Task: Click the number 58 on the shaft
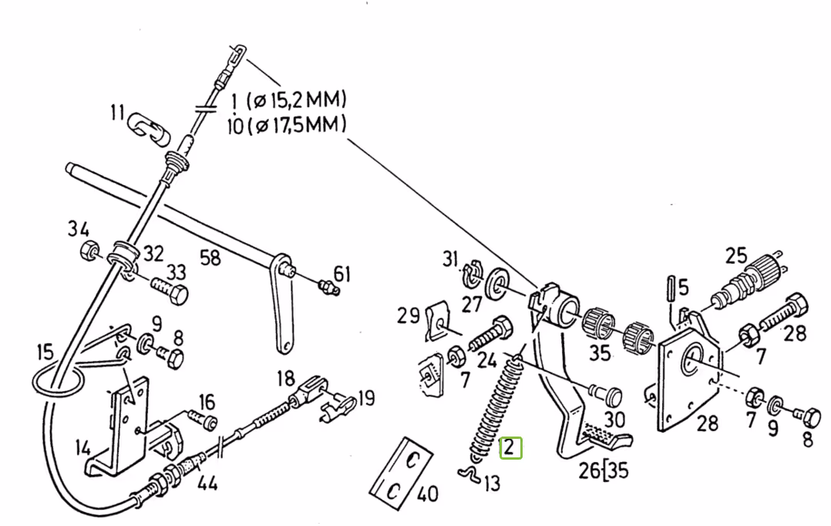(x=210, y=258)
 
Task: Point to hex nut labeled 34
(x=89, y=250)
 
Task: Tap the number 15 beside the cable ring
(x=45, y=352)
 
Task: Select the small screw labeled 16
(x=203, y=419)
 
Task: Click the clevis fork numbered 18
(x=308, y=393)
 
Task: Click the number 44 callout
(x=208, y=483)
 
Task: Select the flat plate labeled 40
(x=401, y=474)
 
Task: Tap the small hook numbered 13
(x=469, y=474)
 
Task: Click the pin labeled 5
(x=671, y=288)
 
